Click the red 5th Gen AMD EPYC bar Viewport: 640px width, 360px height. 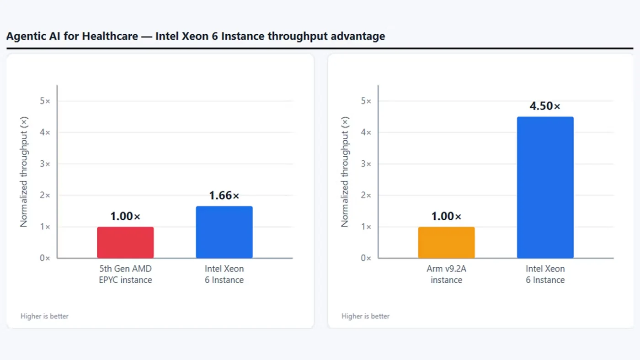point(125,243)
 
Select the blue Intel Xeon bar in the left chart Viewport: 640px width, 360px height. point(224,232)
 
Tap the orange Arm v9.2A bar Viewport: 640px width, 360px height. point(446,243)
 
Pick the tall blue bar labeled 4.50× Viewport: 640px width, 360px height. point(545,188)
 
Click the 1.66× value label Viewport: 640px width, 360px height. point(224,196)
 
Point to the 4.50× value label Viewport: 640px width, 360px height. point(545,106)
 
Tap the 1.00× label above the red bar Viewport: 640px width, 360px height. point(125,217)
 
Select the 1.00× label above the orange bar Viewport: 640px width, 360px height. point(446,217)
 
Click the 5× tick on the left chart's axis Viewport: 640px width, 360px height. point(45,101)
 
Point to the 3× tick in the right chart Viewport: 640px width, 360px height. point(366,164)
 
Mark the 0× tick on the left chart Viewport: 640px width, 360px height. point(45,258)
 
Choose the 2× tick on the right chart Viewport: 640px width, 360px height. point(366,195)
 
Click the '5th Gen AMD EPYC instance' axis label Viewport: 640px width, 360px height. point(125,275)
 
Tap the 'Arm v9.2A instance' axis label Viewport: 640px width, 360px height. point(446,275)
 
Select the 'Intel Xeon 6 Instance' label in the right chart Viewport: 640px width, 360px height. point(545,275)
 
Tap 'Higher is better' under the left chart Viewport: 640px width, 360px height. point(45,316)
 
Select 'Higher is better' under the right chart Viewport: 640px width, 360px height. point(365,316)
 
